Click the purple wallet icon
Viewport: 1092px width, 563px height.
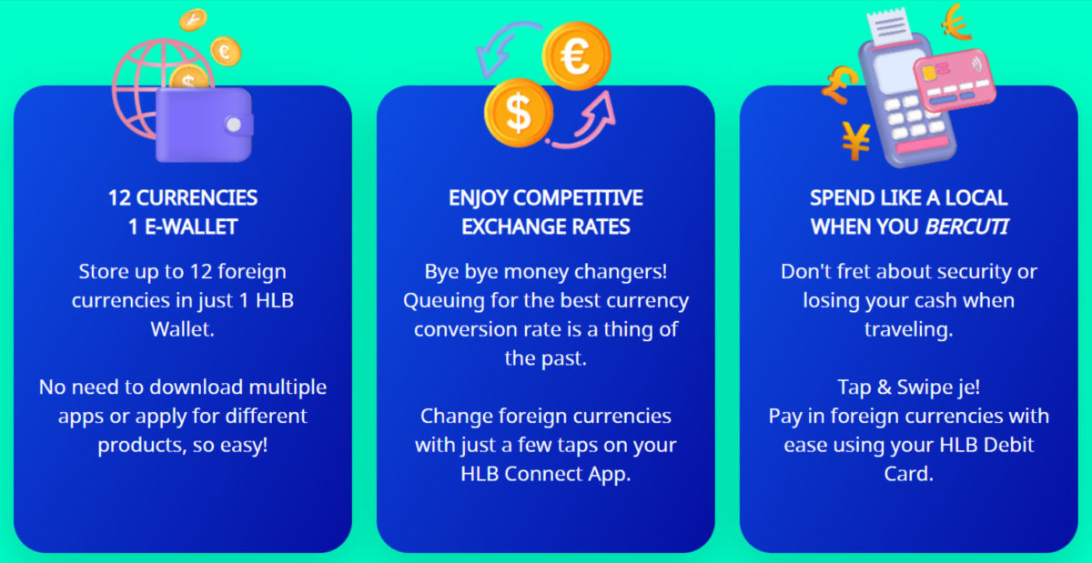(x=204, y=126)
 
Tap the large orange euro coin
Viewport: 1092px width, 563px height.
(x=577, y=56)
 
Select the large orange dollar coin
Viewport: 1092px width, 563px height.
(x=519, y=113)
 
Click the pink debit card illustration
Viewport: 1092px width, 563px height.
(x=954, y=79)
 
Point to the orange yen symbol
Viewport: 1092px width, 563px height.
(x=856, y=140)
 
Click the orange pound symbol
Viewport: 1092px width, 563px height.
(x=839, y=85)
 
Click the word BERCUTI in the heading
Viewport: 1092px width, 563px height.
(x=966, y=226)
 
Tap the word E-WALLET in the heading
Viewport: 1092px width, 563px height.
(x=191, y=226)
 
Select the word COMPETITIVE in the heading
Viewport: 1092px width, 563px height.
(x=578, y=198)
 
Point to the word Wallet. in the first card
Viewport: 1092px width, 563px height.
(x=182, y=329)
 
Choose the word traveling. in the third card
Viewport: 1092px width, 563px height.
(x=909, y=329)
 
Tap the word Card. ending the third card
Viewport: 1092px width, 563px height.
(x=909, y=474)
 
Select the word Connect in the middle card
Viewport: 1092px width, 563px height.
(x=543, y=474)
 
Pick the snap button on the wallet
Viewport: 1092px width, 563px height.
(x=234, y=126)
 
